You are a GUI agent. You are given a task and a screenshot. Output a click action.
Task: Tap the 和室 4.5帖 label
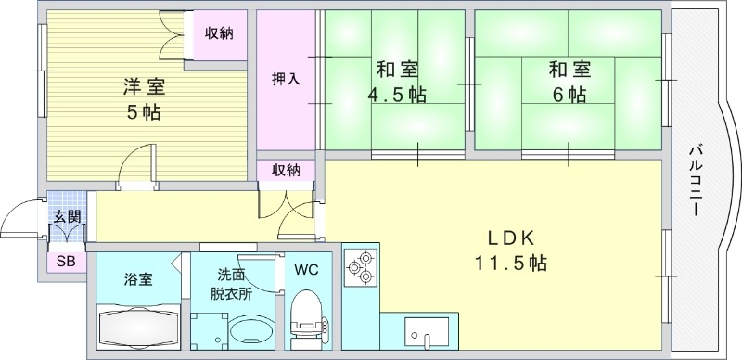click(397, 82)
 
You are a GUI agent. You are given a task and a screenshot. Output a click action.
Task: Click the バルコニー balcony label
click(695, 180)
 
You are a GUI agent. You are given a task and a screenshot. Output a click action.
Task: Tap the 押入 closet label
click(286, 79)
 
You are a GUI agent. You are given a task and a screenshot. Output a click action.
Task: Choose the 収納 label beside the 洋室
click(220, 33)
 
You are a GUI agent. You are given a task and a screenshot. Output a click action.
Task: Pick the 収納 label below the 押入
click(287, 170)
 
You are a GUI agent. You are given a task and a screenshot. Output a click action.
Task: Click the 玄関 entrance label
click(66, 216)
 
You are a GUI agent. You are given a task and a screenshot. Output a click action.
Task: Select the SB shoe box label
click(66, 262)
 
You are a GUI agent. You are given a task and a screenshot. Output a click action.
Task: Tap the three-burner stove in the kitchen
click(359, 267)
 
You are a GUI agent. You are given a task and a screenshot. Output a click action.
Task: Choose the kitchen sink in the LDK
click(426, 331)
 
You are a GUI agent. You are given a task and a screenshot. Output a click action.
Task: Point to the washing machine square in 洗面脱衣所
click(209, 331)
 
